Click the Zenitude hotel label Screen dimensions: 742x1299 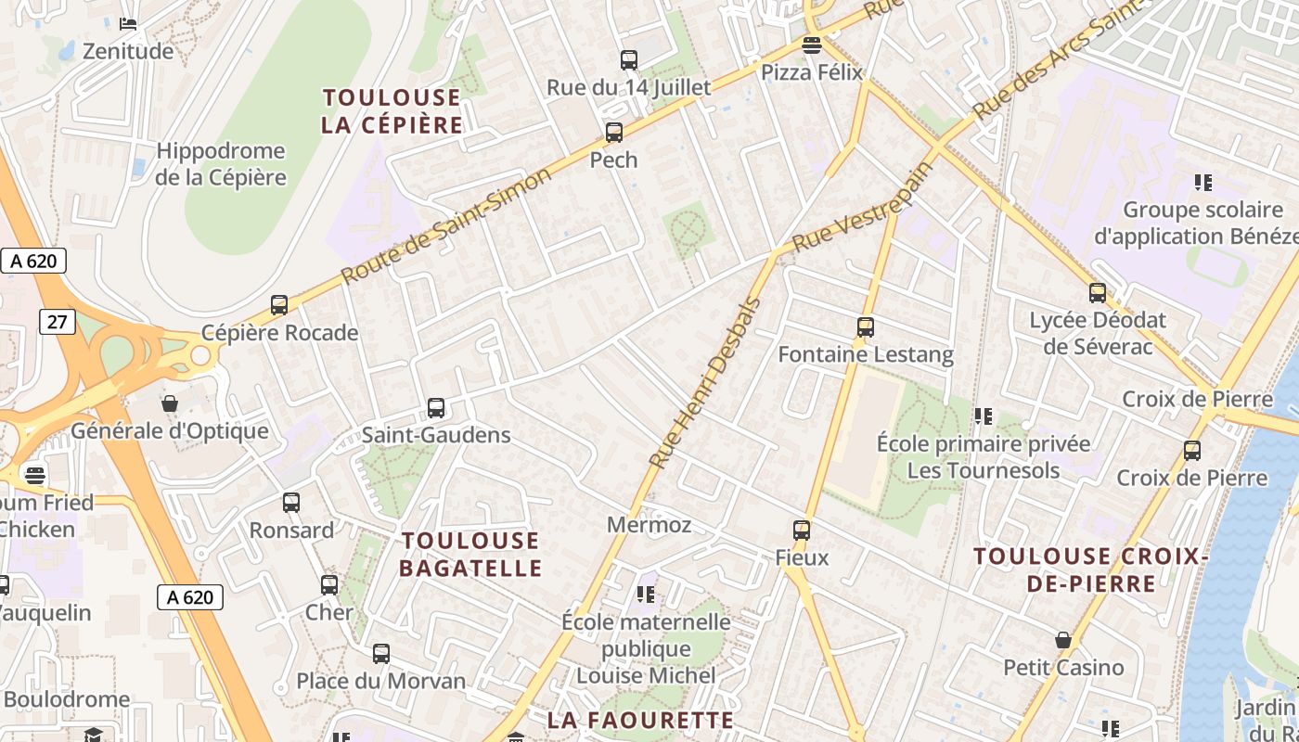(x=128, y=51)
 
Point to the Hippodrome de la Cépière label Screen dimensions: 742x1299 (x=221, y=163)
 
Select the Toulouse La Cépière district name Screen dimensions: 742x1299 (x=392, y=111)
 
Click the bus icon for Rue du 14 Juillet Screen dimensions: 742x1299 (x=629, y=60)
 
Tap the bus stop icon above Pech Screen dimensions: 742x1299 (x=614, y=133)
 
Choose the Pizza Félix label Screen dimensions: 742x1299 (x=812, y=72)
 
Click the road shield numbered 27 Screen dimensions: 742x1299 (x=58, y=321)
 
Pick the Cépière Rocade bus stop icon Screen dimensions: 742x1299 (x=279, y=304)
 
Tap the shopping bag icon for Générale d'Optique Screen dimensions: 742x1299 (x=170, y=403)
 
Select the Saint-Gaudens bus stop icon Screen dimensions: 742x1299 (x=436, y=407)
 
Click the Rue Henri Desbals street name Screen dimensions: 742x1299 (x=704, y=382)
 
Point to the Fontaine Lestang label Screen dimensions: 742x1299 (x=866, y=354)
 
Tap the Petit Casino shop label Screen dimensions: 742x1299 (x=1063, y=667)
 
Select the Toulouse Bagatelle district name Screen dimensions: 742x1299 (x=470, y=554)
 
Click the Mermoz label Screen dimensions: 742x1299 (x=649, y=525)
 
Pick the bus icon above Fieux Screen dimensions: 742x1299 (x=802, y=531)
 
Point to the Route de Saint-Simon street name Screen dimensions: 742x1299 (x=434, y=227)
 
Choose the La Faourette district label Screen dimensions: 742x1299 (x=640, y=721)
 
